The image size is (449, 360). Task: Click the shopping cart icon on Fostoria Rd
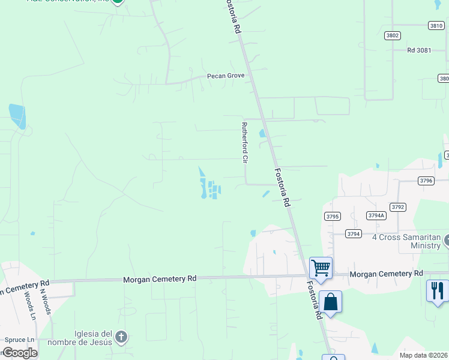point(321,268)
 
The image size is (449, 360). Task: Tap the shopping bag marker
point(331,301)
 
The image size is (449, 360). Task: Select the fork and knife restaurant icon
point(437,290)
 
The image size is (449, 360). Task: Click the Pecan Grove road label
point(226,76)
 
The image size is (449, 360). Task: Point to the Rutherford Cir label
point(244,143)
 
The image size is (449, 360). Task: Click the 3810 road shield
point(436,25)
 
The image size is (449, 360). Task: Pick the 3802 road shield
point(393,35)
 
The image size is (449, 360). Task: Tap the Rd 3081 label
point(419,50)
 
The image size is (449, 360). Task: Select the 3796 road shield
point(426,181)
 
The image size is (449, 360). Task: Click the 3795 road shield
point(332,216)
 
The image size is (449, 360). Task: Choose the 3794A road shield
point(376,215)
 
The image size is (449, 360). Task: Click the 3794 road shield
point(354,233)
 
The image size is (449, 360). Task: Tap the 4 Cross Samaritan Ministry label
point(406,241)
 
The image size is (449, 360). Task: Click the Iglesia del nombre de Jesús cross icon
point(121,337)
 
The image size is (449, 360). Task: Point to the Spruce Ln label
point(16,340)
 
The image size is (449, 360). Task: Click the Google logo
point(19,353)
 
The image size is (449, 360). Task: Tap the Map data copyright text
point(423,355)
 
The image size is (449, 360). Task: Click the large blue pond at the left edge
point(17,116)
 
